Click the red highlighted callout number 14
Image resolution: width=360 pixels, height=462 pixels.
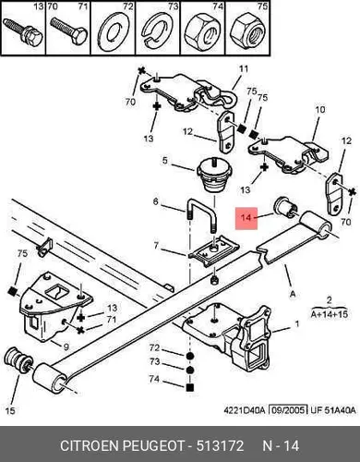[x=246, y=218]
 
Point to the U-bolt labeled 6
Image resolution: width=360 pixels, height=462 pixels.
[x=201, y=215]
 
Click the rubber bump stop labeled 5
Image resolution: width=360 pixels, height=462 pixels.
[x=212, y=175]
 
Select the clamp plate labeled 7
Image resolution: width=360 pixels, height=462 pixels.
[x=214, y=249]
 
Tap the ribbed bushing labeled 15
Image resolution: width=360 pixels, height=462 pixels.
[x=18, y=361]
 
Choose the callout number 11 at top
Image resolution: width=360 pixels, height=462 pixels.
[x=244, y=68]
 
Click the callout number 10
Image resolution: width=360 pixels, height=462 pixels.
[x=320, y=109]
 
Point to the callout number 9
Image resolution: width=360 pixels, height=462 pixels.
[x=66, y=347]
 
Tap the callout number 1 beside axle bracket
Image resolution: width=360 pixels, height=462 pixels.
[x=297, y=324]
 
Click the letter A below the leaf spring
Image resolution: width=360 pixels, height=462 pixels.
[x=293, y=294]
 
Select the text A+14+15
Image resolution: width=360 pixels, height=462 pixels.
[x=330, y=314]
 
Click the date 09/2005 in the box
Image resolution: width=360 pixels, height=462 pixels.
[x=289, y=410]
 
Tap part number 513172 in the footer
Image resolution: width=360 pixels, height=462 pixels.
[x=220, y=445]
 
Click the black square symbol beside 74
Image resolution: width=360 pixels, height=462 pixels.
[x=190, y=387]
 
